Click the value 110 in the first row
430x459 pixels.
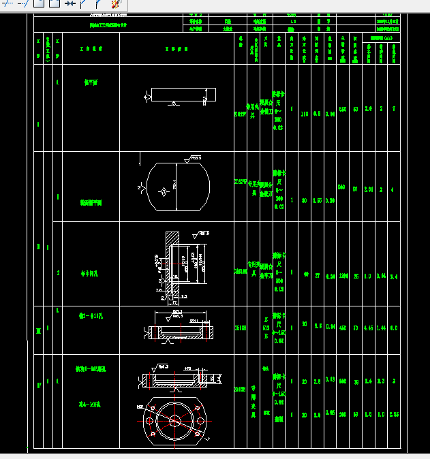click(x=305, y=114)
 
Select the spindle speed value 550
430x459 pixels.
click(x=343, y=109)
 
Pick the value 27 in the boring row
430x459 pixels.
click(x=317, y=275)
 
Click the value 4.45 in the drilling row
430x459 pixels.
click(x=369, y=328)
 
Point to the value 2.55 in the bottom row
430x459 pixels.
click(x=394, y=415)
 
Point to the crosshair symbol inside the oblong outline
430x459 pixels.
click(x=163, y=193)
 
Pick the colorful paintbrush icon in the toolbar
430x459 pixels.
click(x=116, y=4)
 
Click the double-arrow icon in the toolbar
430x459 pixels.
click(x=70, y=4)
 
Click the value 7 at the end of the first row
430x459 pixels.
click(x=394, y=109)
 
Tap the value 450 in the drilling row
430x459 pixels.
click(x=343, y=328)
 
